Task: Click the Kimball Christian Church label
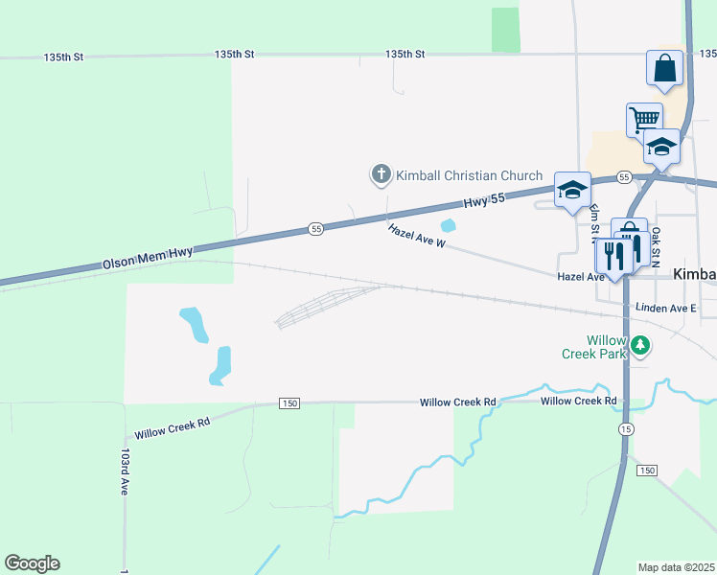click(x=470, y=175)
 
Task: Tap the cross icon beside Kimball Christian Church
click(x=381, y=174)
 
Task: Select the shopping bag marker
click(x=665, y=69)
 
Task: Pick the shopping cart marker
click(x=644, y=121)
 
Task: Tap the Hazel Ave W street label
click(x=417, y=236)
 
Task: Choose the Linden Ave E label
click(x=665, y=309)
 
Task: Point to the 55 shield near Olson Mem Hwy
click(x=315, y=228)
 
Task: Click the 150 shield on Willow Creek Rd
click(x=289, y=403)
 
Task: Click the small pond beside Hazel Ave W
click(x=448, y=226)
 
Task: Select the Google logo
click(x=32, y=563)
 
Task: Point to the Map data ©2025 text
click(x=677, y=567)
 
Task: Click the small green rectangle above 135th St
click(x=505, y=30)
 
